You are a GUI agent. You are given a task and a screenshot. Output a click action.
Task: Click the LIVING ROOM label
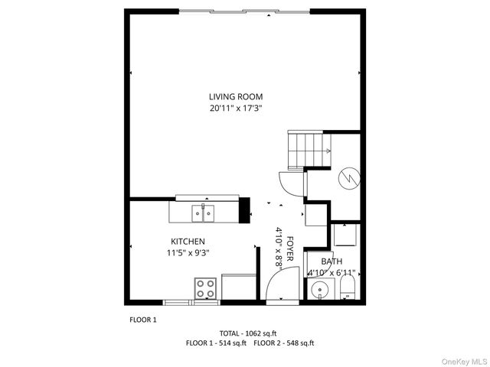coord(236,96)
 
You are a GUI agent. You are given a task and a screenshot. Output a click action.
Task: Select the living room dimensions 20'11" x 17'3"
coord(236,109)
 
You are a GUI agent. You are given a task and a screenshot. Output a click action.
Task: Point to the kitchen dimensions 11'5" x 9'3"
coord(188,253)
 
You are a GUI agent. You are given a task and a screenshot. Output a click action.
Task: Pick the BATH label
coord(332,261)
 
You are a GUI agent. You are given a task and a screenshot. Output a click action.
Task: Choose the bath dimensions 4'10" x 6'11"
coord(332,272)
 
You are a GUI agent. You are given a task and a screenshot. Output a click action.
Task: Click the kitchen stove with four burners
coord(205,288)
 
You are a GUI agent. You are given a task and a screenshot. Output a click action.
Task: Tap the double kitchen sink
coord(204,213)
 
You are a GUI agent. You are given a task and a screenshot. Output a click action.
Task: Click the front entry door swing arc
coord(277,287)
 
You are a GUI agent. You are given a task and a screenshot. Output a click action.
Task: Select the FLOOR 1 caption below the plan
coord(142,320)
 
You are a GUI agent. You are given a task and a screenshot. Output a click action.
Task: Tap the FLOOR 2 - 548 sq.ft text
coord(284,343)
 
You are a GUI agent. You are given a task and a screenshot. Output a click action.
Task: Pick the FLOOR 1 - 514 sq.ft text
coord(216,343)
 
